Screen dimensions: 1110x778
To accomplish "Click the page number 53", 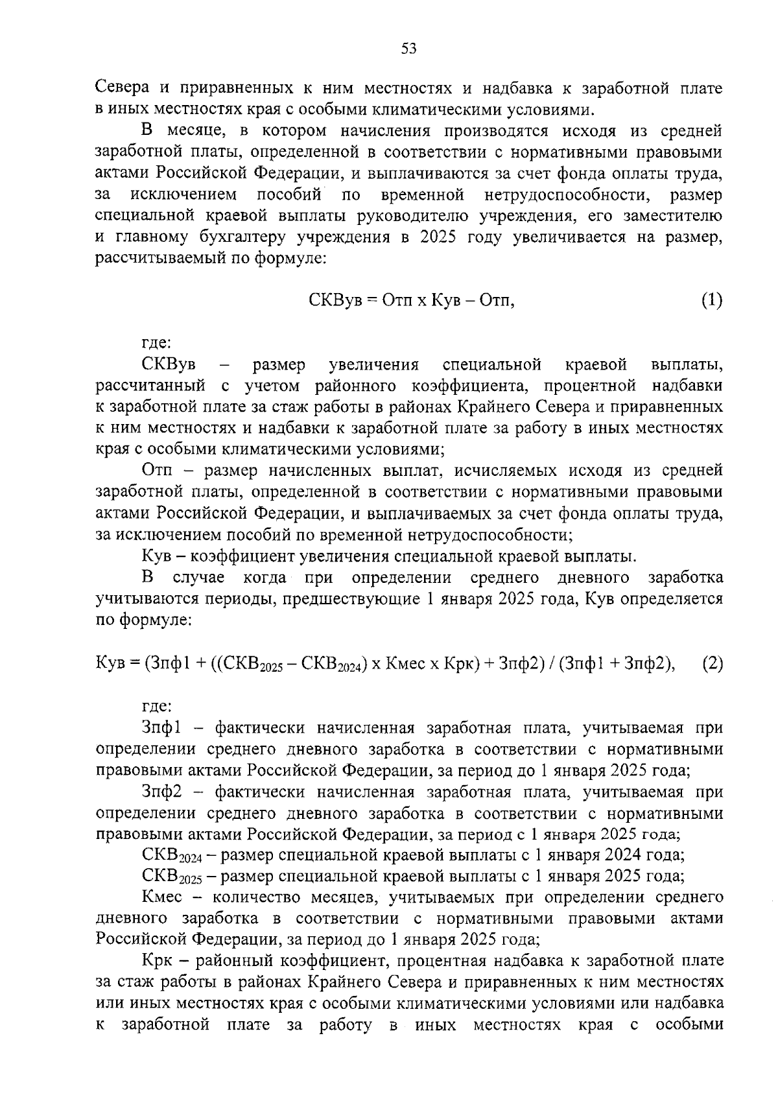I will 408,49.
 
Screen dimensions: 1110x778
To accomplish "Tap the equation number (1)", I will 711,300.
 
